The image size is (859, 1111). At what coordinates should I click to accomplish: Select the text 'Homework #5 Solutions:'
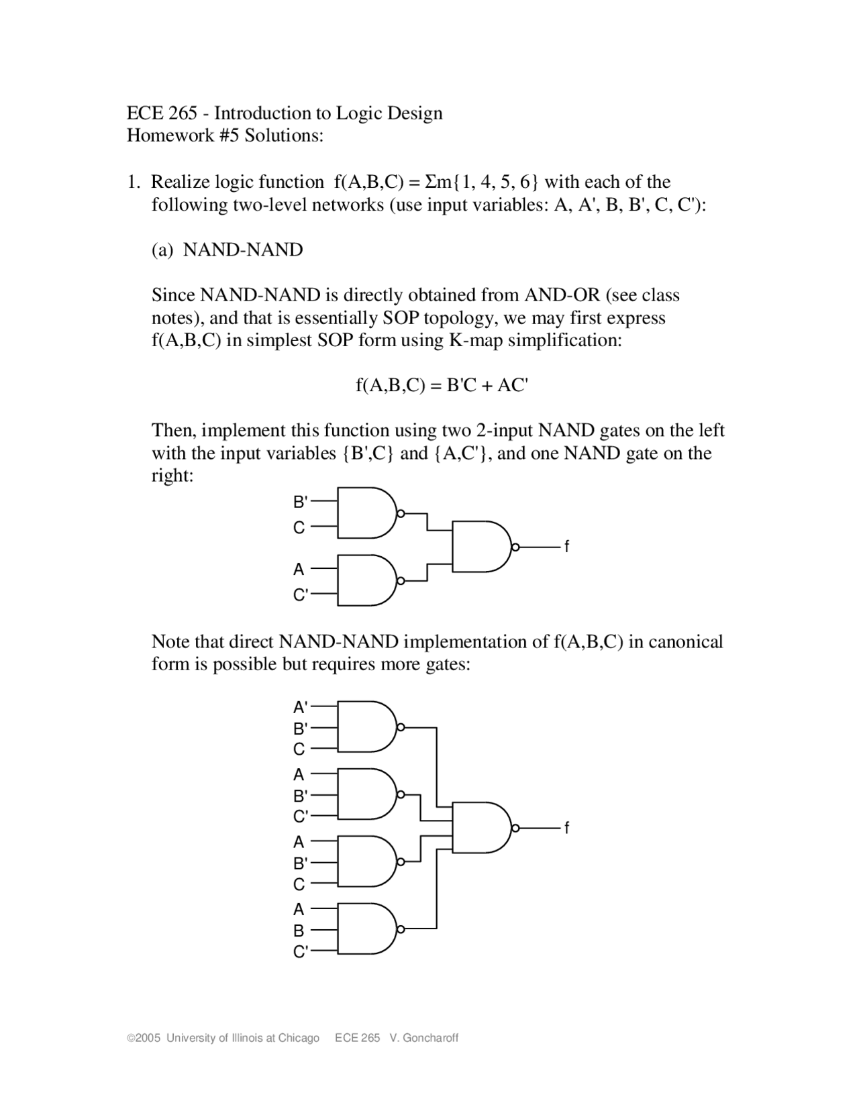click(x=225, y=136)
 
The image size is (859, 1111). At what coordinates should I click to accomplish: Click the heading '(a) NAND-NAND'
click(x=227, y=250)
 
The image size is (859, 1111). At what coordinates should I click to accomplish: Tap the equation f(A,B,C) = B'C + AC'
click(x=442, y=385)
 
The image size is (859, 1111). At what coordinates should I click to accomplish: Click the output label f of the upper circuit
click(x=566, y=547)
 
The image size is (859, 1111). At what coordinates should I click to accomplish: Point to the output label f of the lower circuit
click(x=566, y=829)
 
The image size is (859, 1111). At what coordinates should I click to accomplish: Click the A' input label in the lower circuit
click(x=300, y=706)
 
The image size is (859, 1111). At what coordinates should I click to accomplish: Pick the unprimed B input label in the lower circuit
click(x=299, y=931)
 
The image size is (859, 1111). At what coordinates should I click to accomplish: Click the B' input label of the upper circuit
click(x=300, y=501)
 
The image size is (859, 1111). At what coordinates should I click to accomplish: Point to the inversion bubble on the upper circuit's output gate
click(x=515, y=547)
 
